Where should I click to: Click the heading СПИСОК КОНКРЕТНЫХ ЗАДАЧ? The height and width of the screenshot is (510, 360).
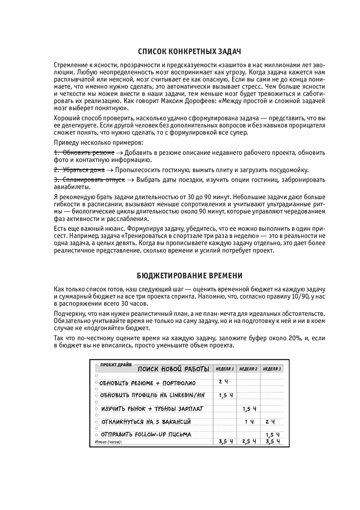pyautogui.click(x=189, y=51)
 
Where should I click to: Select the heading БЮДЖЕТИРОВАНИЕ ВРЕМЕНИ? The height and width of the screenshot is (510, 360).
pyautogui.click(x=189, y=276)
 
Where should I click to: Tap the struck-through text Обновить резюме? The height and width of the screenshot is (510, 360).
pyautogui.click(x=84, y=152)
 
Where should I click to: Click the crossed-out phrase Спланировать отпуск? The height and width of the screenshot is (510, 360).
pyautogui.click(x=89, y=179)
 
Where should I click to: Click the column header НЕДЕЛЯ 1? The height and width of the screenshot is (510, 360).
pyautogui.click(x=225, y=369)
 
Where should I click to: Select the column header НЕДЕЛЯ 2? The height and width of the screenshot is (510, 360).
pyautogui.click(x=248, y=369)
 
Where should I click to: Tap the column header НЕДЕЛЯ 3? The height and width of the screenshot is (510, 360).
pyautogui.click(x=272, y=369)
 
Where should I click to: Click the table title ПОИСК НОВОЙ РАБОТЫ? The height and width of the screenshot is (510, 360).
pyautogui.click(x=174, y=369)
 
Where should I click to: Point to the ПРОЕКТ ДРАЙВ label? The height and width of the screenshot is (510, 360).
pyautogui.click(x=111, y=364)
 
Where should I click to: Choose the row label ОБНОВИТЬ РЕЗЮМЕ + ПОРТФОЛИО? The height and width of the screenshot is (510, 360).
pyautogui.click(x=147, y=383)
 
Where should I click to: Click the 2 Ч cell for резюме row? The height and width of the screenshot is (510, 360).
pyautogui.click(x=223, y=382)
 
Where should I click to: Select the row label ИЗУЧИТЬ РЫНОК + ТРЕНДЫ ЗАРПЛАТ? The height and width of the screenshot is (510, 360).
pyautogui.click(x=152, y=409)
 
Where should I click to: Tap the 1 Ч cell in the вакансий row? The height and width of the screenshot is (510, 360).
pyautogui.click(x=249, y=422)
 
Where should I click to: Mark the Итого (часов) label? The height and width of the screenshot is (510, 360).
pyautogui.click(x=108, y=442)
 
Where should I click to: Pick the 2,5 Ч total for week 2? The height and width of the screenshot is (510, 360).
pyautogui.click(x=249, y=441)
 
